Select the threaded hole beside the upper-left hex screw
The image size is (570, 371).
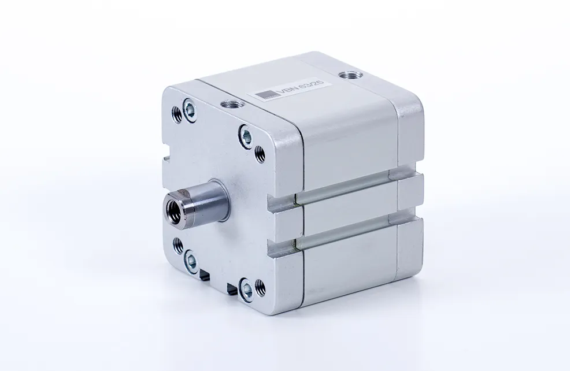click(x=177, y=114)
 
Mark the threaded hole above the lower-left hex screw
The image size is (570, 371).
click(x=178, y=246)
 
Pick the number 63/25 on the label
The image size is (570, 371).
click(x=312, y=85)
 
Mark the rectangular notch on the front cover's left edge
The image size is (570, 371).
click(x=166, y=157)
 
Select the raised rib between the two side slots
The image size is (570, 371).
click(x=347, y=212)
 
